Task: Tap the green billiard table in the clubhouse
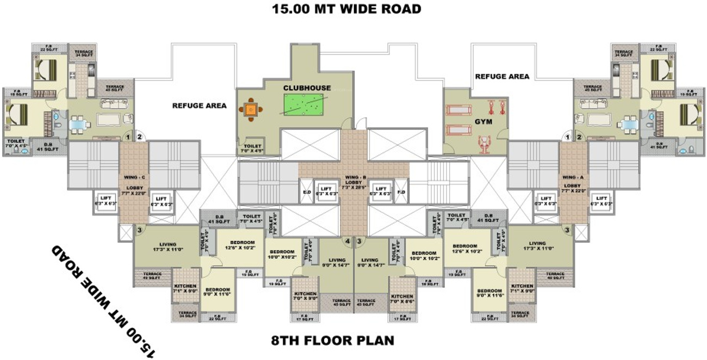pyautogui.click(x=303, y=104)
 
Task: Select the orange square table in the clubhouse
pyautogui.click(x=250, y=110)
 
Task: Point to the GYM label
pyautogui.click(x=483, y=122)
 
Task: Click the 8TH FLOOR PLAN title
pyautogui.click(x=332, y=341)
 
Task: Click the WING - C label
pyautogui.click(x=133, y=177)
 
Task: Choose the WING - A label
pyautogui.click(x=572, y=177)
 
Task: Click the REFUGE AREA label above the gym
pyautogui.click(x=502, y=77)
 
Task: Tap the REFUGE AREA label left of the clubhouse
pyautogui.click(x=199, y=105)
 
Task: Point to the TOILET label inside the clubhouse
pyautogui.click(x=252, y=147)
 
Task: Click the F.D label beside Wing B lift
pyautogui.click(x=401, y=192)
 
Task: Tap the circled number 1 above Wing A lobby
pyautogui.click(x=568, y=138)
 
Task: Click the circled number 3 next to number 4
pyautogui.click(x=360, y=240)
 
